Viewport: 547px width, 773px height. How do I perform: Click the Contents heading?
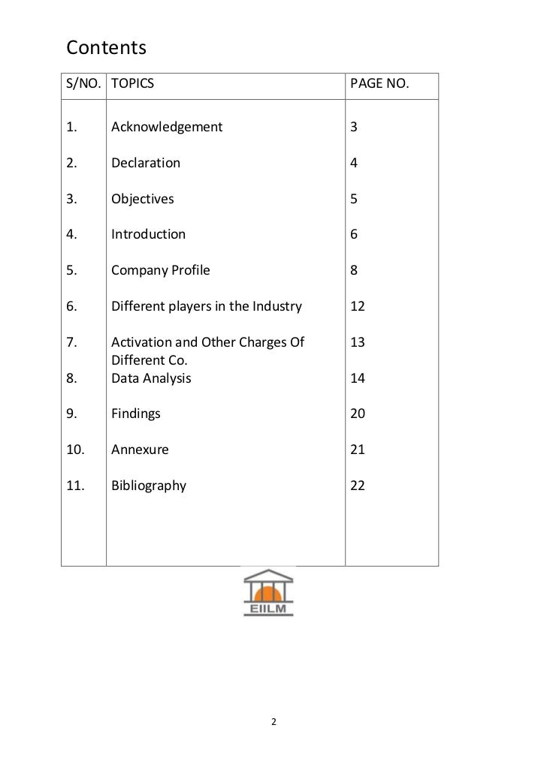(x=106, y=48)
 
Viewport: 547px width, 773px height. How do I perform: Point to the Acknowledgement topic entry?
(x=167, y=127)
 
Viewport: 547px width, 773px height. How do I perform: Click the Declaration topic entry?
(x=146, y=163)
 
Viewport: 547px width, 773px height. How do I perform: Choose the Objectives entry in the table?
(x=143, y=199)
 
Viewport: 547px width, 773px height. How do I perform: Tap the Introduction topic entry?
(x=148, y=234)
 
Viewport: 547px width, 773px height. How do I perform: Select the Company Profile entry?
(x=161, y=270)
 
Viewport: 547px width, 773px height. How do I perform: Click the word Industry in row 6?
(x=277, y=306)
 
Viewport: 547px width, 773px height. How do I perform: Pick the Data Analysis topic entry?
(x=151, y=378)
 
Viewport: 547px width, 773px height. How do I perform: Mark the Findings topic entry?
(x=136, y=414)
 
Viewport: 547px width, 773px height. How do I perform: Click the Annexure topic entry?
(x=140, y=450)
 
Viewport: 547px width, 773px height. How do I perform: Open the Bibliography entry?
(x=149, y=486)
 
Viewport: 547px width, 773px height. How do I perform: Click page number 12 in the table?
(x=358, y=306)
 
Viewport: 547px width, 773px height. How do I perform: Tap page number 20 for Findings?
(x=358, y=414)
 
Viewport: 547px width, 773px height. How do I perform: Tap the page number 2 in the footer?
(x=273, y=723)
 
